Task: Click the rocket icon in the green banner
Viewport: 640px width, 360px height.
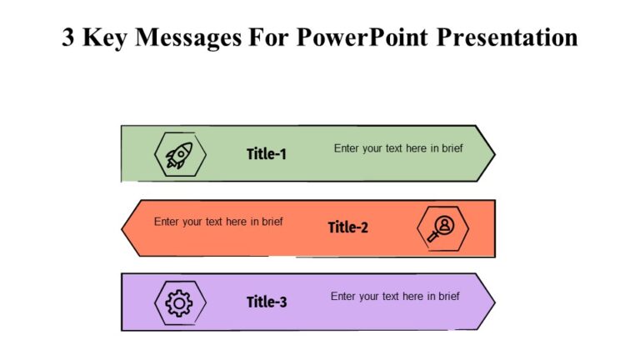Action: click(x=179, y=154)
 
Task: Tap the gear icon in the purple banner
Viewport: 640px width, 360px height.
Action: click(x=179, y=302)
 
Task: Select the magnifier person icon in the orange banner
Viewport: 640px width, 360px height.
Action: click(x=442, y=227)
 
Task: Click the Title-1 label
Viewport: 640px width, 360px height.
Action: click(x=267, y=154)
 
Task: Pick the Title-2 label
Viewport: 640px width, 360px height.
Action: click(x=347, y=227)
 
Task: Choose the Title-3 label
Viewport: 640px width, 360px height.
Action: click(x=267, y=302)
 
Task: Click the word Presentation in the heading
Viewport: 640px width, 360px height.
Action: click(x=507, y=37)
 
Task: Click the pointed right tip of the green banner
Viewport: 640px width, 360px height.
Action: click(x=493, y=153)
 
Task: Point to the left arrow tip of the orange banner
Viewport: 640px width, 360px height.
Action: click(x=123, y=227)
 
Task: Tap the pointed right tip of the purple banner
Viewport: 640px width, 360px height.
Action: click(x=493, y=302)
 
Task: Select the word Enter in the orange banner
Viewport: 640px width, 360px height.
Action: click(x=167, y=222)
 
